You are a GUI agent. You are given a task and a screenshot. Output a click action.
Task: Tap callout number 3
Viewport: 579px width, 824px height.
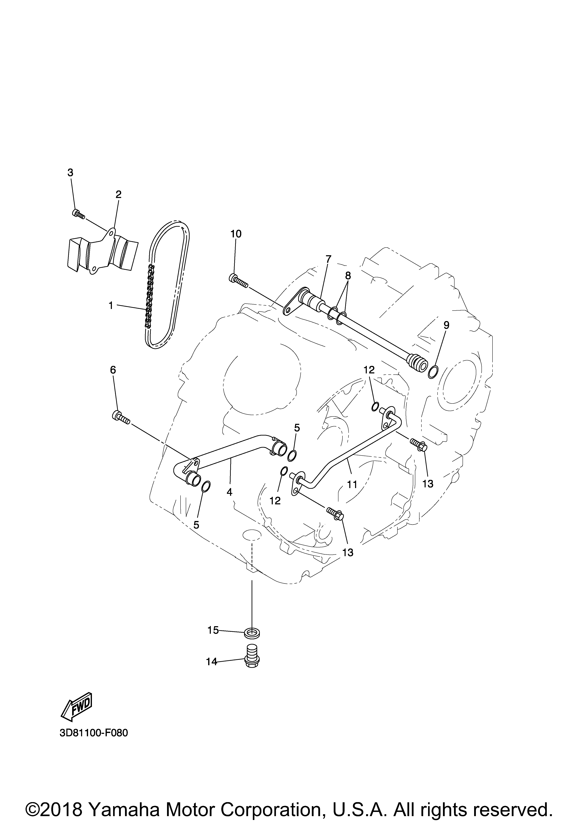(x=70, y=173)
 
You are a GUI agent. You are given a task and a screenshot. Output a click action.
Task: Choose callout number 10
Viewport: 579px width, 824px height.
(x=236, y=234)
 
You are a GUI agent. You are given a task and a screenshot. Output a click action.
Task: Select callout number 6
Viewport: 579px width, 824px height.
(x=113, y=370)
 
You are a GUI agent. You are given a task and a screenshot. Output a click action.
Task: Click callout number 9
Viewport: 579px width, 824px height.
(x=446, y=325)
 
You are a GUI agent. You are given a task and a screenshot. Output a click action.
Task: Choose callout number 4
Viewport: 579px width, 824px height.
(x=230, y=492)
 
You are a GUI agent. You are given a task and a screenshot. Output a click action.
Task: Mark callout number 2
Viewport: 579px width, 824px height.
(x=119, y=194)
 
